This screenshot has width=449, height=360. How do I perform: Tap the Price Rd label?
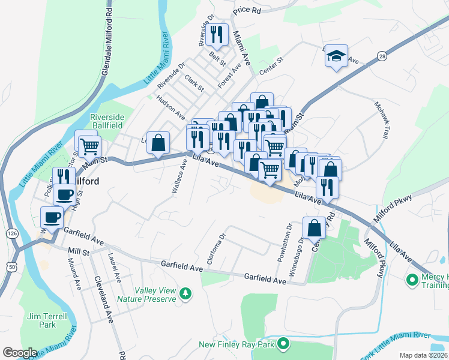pos(248,10)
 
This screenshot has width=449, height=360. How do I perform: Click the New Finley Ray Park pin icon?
pos(283,344)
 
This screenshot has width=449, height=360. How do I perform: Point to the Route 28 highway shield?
pos(382,56)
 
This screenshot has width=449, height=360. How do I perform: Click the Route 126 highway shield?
pos(11,232)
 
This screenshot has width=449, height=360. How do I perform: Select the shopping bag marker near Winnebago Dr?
pos(315,227)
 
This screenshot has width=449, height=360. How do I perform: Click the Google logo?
pos(20,353)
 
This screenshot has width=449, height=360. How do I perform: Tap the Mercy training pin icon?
pos(412,280)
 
